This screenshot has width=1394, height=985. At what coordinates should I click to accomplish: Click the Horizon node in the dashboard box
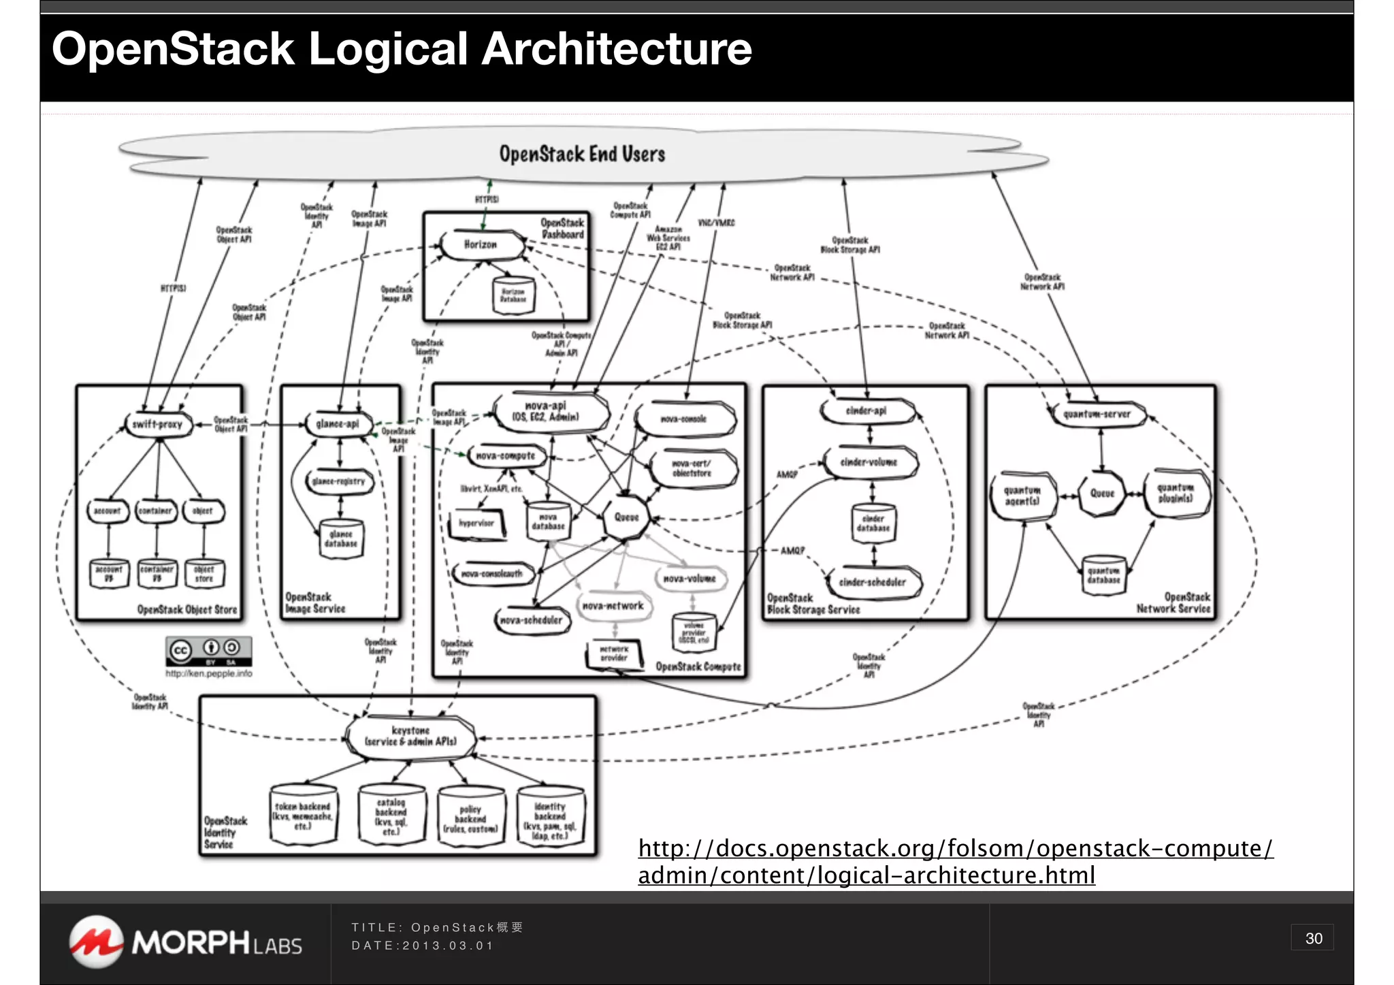(481, 245)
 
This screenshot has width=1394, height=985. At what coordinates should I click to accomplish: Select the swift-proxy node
(157, 424)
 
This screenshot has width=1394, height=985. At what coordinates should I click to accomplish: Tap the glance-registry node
(338, 481)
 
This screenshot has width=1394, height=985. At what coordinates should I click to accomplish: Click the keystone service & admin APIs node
(410, 737)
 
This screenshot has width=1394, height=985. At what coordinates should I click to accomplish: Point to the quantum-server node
(1097, 414)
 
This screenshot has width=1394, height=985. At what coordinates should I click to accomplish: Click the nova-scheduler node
(531, 620)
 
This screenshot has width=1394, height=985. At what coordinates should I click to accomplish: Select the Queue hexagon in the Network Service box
(1102, 494)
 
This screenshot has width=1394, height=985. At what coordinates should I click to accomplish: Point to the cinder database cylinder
(873, 523)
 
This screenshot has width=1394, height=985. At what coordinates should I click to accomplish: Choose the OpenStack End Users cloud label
(582, 155)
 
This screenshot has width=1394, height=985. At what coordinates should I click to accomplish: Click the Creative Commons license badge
(208, 651)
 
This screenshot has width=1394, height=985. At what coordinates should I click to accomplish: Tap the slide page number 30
(1313, 938)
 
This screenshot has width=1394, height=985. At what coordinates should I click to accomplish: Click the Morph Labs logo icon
(97, 941)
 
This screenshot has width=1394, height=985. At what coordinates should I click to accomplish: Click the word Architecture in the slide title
(617, 49)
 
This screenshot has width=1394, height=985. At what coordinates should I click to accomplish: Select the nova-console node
(684, 419)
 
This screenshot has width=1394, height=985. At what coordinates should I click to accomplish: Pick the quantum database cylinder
(1103, 575)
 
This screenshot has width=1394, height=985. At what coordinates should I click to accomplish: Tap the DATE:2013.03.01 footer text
(422, 946)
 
